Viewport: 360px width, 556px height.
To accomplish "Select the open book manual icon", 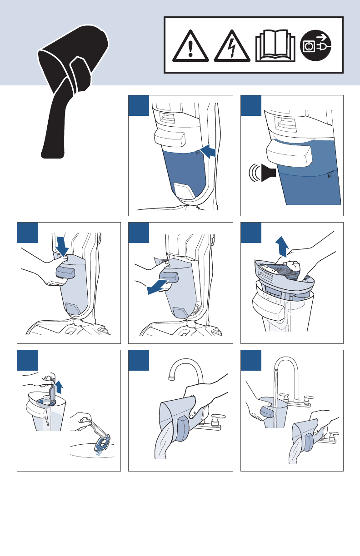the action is click(x=275, y=46).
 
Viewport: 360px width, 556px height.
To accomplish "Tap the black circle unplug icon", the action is click(x=315, y=46).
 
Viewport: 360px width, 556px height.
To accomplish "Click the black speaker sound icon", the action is click(x=269, y=173).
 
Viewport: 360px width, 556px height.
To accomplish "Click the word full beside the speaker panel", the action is click(x=330, y=175).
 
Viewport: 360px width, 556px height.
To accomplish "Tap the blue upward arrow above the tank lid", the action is click(x=282, y=246).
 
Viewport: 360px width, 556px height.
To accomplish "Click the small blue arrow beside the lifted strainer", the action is click(x=59, y=387).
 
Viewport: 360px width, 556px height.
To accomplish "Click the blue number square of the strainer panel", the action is click(x=27, y=360).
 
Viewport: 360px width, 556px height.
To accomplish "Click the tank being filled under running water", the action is click(x=273, y=412).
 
